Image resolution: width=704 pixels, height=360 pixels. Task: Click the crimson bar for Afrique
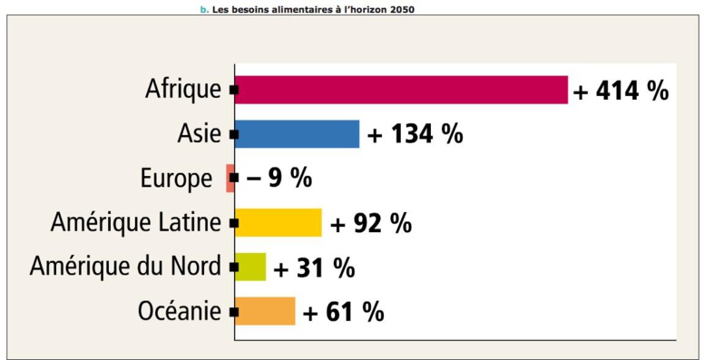pos(401,90)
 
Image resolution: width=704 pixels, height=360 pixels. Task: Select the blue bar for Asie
pos(297,134)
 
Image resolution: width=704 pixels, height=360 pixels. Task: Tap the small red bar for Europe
pos(230,178)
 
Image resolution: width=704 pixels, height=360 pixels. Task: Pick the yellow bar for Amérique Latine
pos(278,222)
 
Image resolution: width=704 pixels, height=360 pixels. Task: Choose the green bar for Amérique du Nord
pos(250,267)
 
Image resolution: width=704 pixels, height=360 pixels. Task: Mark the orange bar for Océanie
pos(265,311)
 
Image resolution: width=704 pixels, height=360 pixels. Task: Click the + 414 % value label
pos(621,90)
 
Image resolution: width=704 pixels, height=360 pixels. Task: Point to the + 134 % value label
pos(415,134)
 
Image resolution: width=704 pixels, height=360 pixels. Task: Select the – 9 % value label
pos(279,178)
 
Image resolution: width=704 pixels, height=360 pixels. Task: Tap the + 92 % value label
pos(371,222)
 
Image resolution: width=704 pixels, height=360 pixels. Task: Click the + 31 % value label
pos(314,268)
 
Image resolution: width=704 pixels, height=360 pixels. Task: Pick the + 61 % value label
pos(343,312)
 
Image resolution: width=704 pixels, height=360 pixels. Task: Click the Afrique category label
pos(182,90)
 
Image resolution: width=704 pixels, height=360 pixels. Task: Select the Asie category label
pos(199,134)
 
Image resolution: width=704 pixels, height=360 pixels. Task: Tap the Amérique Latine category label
pos(136,222)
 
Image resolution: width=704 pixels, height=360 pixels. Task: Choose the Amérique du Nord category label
pos(125,267)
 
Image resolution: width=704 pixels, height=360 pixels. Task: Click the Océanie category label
pos(180,311)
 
